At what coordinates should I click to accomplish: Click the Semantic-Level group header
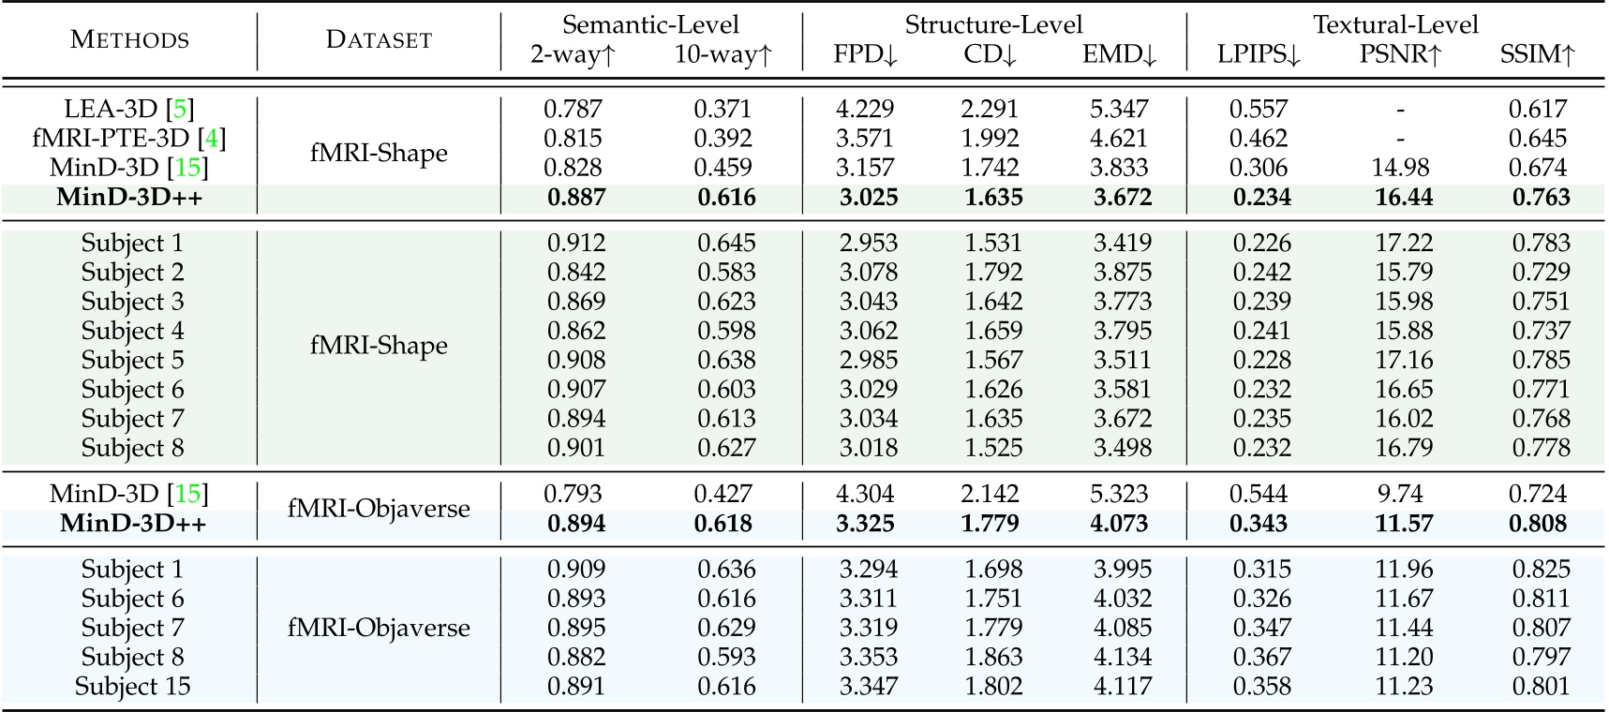[x=650, y=24]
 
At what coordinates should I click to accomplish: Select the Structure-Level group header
[x=993, y=24]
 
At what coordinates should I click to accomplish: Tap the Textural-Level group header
[x=1395, y=24]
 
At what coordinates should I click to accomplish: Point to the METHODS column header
[x=129, y=39]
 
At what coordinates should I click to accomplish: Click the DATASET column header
[x=379, y=39]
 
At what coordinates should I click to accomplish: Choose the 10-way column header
[x=723, y=54]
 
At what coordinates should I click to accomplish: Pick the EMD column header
[x=1120, y=54]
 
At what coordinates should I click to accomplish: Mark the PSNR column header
[x=1401, y=54]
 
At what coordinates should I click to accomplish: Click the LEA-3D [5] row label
[x=129, y=109]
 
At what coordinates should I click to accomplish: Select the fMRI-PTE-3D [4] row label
[x=129, y=139]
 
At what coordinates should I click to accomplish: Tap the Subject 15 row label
[x=132, y=687]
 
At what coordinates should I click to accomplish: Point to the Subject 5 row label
[x=132, y=360]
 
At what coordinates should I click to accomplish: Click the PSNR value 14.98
[x=1400, y=168]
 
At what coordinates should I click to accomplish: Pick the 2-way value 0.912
[x=576, y=244]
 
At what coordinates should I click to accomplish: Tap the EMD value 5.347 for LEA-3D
[x=1120, y=109]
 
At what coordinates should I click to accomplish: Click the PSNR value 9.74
[x=1404, y=494]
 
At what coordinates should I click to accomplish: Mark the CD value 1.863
[x=993, y=658]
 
